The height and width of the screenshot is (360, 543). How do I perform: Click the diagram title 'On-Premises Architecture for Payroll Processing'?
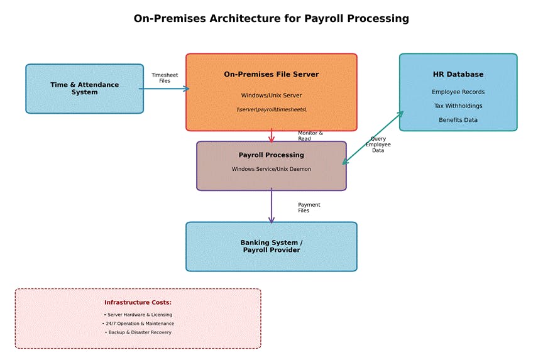(x=271, y=19)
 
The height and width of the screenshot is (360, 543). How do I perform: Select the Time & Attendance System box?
(x=84, y=89)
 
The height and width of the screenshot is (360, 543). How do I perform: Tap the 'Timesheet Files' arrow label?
(x=165, y=78)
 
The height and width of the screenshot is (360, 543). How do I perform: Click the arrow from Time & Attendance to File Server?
(x=163, y=89)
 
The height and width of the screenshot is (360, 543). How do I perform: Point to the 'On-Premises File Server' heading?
(x=271, y=75)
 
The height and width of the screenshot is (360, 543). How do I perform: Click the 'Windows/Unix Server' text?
(x=271, y=95)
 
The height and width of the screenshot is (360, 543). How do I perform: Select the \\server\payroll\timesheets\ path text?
(x=271, y=110)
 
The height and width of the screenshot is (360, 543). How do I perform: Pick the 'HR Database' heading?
(x=458, y=75)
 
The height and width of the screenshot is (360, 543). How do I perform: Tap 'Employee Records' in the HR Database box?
(x=458, y=92)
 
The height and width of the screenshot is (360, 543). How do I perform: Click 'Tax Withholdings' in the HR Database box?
(x=458, y=106)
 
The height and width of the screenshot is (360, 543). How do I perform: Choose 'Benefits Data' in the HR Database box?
(x=458, y=120)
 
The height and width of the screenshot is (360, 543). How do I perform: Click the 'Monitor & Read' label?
(x=310, y=136)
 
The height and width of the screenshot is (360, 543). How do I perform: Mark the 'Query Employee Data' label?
(x=378, y=145)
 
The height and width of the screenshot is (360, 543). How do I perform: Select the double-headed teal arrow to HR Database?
(x=373, y=138)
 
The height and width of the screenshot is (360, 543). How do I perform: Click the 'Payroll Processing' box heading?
(x=271, y=155)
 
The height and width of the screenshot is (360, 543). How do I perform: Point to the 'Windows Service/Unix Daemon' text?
(x=271, y=169)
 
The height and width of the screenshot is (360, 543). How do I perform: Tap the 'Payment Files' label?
(x=309, y=207)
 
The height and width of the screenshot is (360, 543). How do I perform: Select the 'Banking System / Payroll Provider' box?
(x=271, y=246)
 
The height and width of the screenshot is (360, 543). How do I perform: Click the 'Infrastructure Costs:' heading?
(x=138, y=303)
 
